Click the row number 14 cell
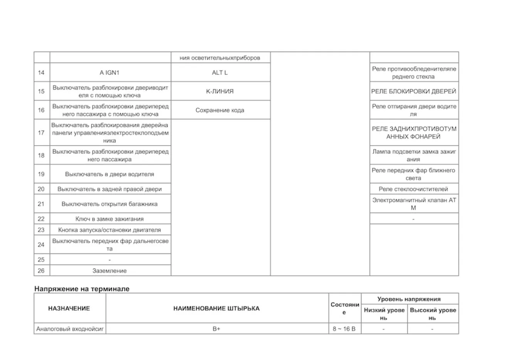pos(41,72)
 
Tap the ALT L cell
pos(220,72)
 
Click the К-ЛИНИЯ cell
pos(220,91)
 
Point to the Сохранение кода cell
pos(220,110)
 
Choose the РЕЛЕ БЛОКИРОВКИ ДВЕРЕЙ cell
pos(414,91)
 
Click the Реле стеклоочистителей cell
pos(413,189)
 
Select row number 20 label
pos(41,189)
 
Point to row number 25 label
pos(41,259)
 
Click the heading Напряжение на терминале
pos(82,289)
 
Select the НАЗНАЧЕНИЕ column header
pos(69,308)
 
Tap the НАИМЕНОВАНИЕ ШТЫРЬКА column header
pos(216,308)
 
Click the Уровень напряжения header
pos(409,299)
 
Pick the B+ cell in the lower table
pos(216,329)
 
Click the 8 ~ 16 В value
pos(344,329)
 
